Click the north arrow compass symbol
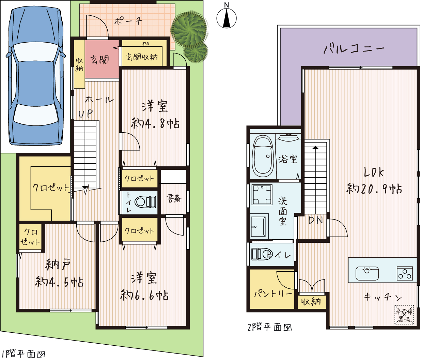click(226, 18)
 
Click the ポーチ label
click(128, 21)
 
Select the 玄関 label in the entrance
click(100, 60)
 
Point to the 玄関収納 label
click(142, 57)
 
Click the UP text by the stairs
click(85, 114)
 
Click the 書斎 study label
click(174, 198)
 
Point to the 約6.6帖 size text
click(144, 296)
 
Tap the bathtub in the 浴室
click(263, 156)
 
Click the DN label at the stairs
click(315, 220)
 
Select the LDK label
click(374, 172)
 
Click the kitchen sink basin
click(367, 273)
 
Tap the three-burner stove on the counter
click(405, 273)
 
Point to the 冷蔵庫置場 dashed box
click(404, 315)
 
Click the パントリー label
click(273, 294)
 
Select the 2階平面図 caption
click(270, 327)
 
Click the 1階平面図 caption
click(24, 354)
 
